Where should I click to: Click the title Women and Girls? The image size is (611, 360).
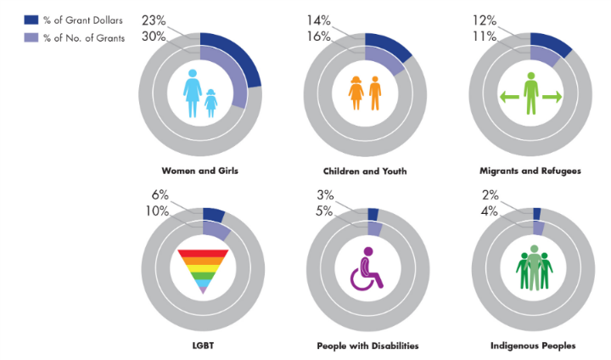coord(199,171)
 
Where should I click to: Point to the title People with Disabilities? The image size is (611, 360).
coord(367,346)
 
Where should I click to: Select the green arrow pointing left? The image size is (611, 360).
coord(507,98)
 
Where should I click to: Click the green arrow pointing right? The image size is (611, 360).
coord(552,98)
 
